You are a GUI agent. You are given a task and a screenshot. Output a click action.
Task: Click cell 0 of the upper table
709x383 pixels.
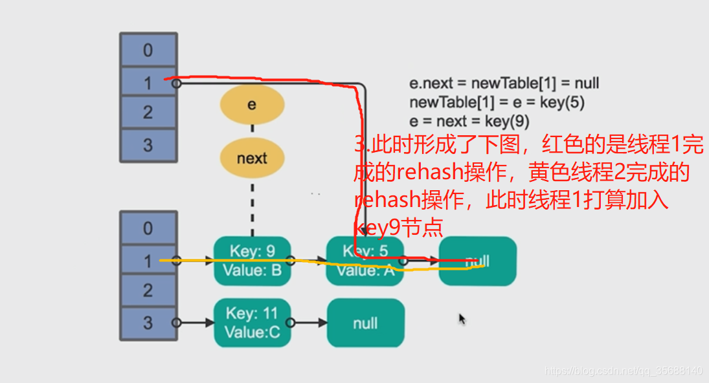click(x=148, y=50)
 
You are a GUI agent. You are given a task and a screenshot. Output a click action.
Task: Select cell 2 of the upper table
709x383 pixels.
click(x=148, y=112)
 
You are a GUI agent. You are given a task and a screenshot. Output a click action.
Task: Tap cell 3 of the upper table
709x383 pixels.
click(x=148, y=145)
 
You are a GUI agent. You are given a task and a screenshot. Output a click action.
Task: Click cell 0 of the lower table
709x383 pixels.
click(x=148, y=228)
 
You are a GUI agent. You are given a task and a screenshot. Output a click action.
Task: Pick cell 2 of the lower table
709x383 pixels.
click(x=148, y=290)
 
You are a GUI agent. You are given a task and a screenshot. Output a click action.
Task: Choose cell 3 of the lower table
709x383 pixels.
click(x=148, y=322)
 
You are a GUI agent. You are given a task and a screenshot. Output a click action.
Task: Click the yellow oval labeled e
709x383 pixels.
click(x=252, y=104)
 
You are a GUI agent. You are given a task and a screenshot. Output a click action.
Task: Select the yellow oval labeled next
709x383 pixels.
click(x=252, y=158)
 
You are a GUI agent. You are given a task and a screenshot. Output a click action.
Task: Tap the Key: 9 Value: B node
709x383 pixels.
click(x=252, y=261)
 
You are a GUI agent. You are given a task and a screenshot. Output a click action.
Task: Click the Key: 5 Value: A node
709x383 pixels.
click(x=365, y=261)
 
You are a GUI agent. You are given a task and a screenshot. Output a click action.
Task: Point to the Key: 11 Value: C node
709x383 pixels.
click(x=252, y=322)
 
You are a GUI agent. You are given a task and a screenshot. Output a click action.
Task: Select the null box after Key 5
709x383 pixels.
click(x=477, y=261)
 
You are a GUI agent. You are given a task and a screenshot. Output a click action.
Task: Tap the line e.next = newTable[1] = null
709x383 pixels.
click(x=504, y=83)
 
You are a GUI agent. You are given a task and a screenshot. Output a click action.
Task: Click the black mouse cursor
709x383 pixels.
click(x=462, y=319)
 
